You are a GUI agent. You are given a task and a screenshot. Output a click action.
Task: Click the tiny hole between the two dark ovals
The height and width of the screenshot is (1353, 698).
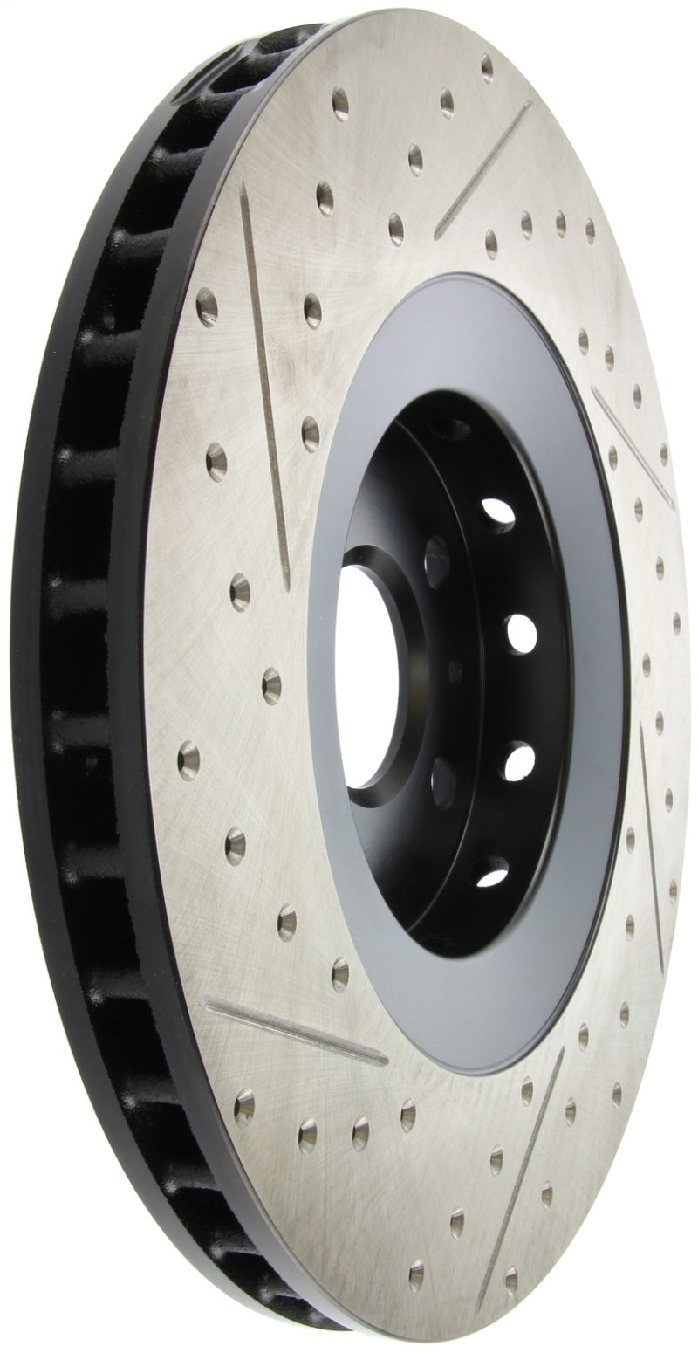click(455, 673)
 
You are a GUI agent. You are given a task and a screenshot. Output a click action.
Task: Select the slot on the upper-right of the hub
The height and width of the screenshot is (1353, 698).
click(633, 444)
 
